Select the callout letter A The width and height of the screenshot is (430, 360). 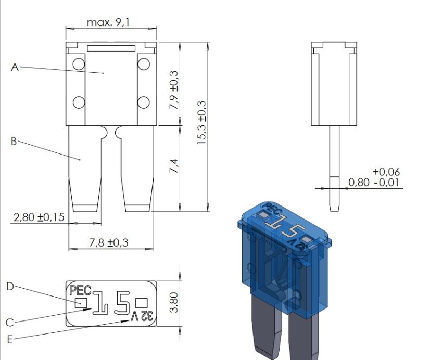click(x=15, y=67)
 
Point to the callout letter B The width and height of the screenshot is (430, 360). click(x=14, y=141)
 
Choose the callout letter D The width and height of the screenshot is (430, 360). click(x=10, y=286)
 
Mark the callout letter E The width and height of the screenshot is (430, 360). click(x=9, y=340)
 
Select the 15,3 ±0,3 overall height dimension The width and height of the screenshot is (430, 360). click(x=203, y=123)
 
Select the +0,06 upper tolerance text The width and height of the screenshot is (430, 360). click(x=386, y=172)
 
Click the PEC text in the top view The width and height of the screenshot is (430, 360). click(x=80, y=290)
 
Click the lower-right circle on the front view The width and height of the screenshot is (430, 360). click(x=143, y=101)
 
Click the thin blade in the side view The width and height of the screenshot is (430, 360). click(x=334, y=166)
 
